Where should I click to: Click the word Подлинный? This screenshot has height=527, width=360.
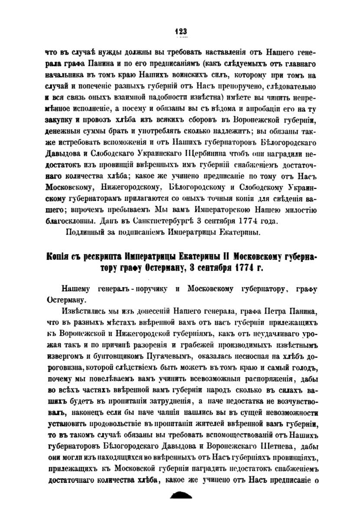pos(83,234)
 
